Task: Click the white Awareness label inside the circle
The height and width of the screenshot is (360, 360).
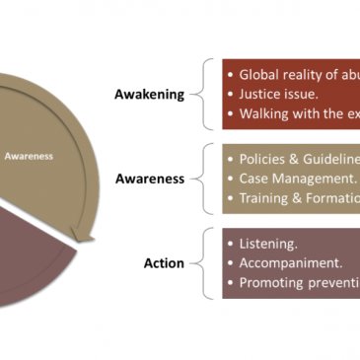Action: (30, 154)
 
